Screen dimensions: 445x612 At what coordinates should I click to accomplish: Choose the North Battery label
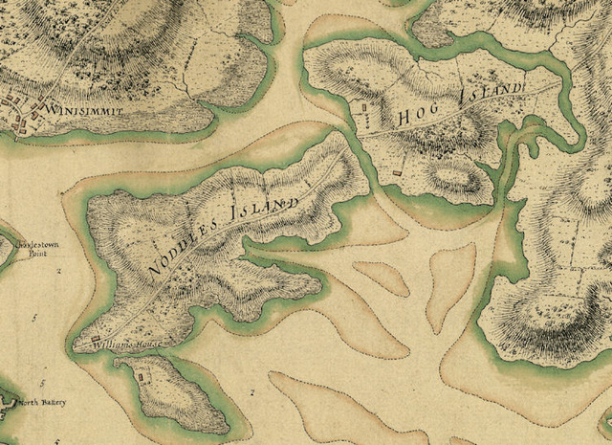coord(42,402)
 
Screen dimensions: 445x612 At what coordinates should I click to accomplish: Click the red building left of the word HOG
coord(365,121)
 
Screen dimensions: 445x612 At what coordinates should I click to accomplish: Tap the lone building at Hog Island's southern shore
coord(397,171)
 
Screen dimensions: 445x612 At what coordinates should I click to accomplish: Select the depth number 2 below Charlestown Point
coord(58,271)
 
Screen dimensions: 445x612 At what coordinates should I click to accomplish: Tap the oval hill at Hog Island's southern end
coord(448,176)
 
